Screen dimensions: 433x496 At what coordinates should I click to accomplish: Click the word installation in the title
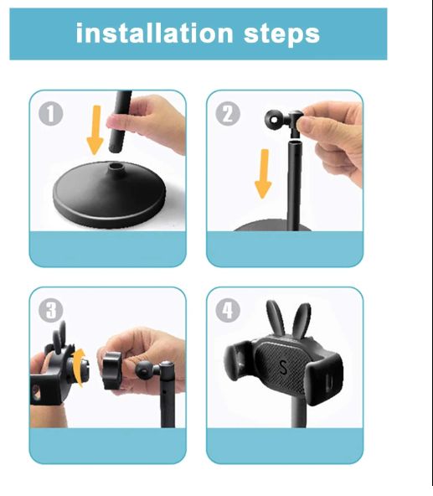pos(154,33)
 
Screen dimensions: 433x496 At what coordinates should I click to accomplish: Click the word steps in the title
pos(281,34)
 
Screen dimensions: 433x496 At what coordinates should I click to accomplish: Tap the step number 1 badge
pos(50,114)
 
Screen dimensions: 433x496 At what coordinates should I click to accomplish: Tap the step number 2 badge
pos(228,114)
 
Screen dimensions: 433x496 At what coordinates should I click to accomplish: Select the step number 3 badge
pos(50,311)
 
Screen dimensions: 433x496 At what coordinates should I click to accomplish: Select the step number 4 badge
pos(228,311)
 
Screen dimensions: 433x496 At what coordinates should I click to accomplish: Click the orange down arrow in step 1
pos(95,130)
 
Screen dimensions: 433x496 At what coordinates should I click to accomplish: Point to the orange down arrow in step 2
pos(263,173)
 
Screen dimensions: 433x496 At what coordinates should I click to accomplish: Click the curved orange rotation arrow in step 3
pos(79,368)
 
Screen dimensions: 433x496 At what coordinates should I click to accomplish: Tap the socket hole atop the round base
pos(116,166)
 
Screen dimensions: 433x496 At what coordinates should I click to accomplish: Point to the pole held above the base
pos(121,121)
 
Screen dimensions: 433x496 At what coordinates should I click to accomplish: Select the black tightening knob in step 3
pos(112,370)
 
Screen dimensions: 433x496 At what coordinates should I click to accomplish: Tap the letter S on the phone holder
pos(283,367)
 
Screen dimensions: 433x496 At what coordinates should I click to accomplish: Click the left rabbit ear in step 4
pos(276,318)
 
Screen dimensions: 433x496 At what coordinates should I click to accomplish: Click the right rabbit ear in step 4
pos(301,320)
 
